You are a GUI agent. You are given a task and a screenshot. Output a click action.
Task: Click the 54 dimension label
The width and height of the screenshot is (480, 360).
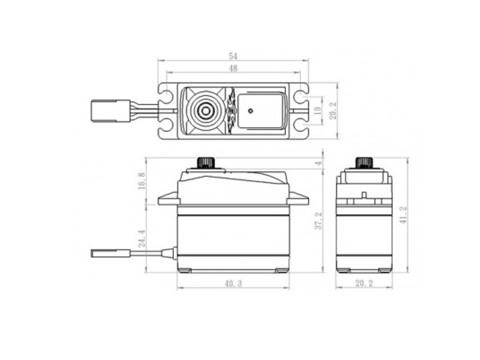233,56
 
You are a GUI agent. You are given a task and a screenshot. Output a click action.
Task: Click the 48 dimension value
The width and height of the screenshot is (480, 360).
233,68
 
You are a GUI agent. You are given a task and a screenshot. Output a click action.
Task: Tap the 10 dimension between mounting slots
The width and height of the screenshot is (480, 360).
318,110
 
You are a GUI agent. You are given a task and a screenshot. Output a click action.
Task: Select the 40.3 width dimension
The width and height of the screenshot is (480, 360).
233,283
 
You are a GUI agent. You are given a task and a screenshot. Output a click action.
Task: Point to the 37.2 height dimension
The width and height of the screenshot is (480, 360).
319,221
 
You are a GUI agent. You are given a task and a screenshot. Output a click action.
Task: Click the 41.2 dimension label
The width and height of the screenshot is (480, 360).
403,215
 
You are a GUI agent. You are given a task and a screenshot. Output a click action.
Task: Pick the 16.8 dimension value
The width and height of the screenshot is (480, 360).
142,181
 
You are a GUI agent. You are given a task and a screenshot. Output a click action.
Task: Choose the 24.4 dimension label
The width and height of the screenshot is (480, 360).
142,239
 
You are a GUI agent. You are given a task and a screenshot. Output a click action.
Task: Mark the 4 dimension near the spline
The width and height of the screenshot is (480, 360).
319,163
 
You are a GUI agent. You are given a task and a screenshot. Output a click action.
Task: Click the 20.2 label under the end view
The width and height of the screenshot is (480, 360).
364,283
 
